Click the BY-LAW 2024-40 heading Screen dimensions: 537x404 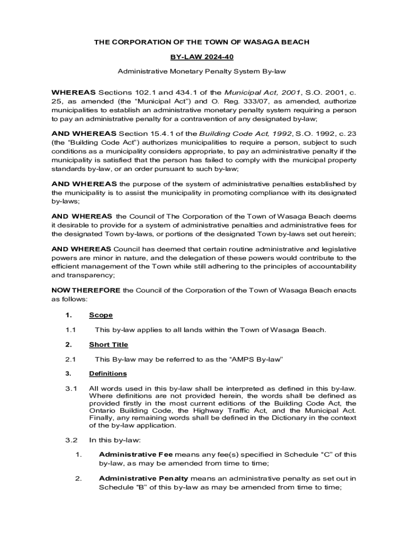click(x=201, y=56)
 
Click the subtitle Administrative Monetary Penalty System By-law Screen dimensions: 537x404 click(x=201, y=70)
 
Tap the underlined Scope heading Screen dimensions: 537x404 click(x=101, y=315)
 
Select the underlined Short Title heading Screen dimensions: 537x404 click(x=108, y=345)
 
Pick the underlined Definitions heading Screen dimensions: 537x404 click(x=108, y=373)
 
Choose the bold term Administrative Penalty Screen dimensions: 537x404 click(x=143, y=478)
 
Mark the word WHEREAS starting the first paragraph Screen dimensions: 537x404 click(x=73, y=92)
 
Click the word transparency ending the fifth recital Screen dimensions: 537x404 click(x=83, y=275)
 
